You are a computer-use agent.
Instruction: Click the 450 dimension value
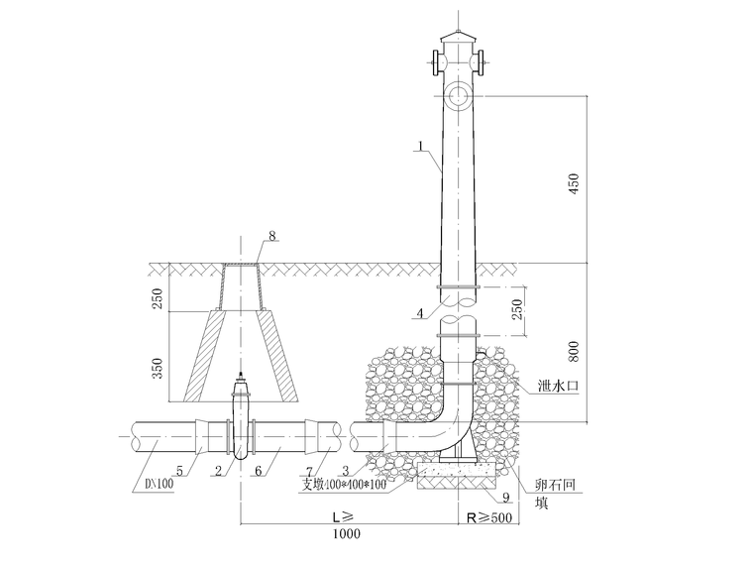574,183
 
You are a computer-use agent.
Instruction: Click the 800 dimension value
574,351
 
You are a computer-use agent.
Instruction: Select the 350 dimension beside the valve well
158,368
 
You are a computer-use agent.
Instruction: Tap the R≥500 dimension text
489,517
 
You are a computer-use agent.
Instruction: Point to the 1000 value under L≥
346,533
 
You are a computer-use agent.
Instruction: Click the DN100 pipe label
159,484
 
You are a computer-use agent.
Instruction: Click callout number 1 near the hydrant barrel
420,145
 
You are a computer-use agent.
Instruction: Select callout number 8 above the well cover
272,236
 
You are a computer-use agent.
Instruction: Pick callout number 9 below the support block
505,497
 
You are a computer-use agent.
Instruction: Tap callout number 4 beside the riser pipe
420,313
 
